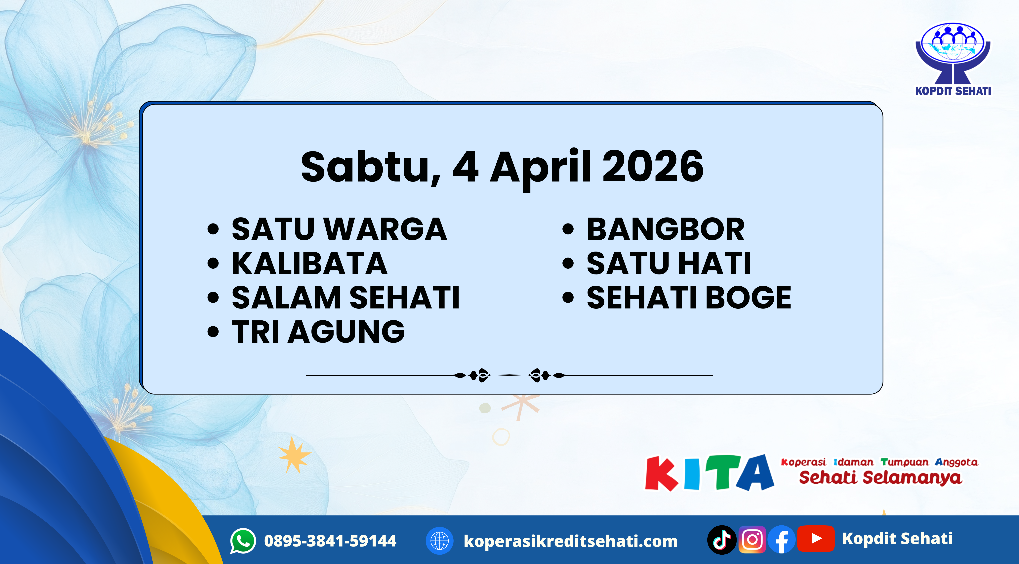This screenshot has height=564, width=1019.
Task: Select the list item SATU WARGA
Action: pos(339,229)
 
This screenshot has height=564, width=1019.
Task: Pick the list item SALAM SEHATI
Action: pos(345,298)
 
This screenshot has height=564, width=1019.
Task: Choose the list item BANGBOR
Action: pos(665,229)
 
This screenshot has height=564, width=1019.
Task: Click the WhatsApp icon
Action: pos(243,541)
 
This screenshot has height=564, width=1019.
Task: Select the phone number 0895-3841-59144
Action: pos(330,541)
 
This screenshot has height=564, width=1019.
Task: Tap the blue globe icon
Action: pos(439,541)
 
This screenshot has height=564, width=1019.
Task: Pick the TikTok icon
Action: pos(721,540)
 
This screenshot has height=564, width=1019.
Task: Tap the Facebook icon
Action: pos(781,540)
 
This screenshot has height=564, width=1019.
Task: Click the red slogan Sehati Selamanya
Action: pos(880,477)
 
